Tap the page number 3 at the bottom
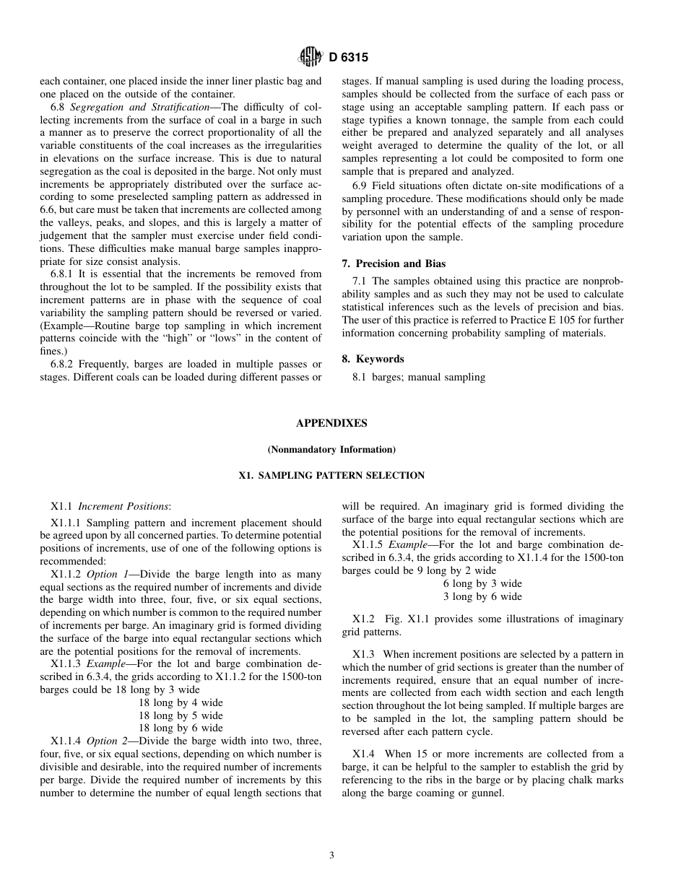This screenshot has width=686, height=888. [x=331, y=856]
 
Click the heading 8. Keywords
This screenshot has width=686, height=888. [x=373, y=359]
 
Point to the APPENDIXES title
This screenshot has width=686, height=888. [x=331, y=423]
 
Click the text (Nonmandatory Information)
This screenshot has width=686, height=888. [x=331, y=449]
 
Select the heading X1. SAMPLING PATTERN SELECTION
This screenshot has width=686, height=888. [x=331, y=475]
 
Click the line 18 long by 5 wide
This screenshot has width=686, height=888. [x=181, y=715]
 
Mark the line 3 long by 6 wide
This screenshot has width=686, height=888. [x=482, y=596]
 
